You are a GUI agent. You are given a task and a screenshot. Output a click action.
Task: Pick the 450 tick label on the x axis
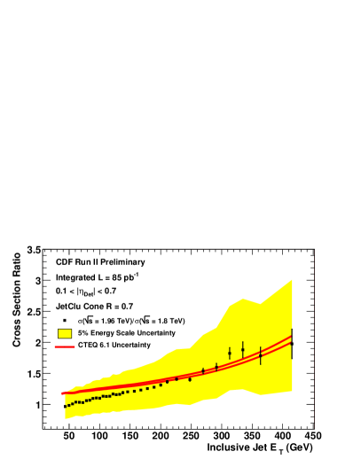311,436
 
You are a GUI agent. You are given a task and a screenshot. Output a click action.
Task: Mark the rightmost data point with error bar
291,343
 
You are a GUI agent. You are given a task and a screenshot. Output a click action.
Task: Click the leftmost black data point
65,406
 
